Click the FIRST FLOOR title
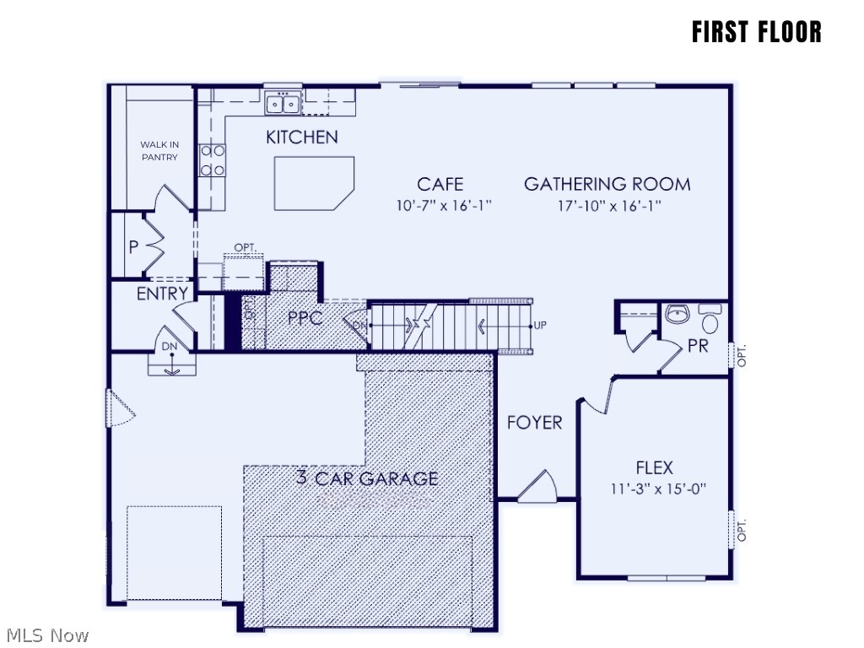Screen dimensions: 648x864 coord(756,32)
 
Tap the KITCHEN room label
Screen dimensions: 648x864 coord(301,138)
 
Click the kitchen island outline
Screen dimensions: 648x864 coord(313,183)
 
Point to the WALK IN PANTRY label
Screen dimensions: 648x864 coord(159,151)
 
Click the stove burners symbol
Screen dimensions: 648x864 coord(213,160)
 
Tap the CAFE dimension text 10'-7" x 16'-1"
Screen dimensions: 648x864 coord(441,205)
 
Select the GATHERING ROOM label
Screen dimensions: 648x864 coord(607,184)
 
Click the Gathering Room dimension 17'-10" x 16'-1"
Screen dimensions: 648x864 coord(607,205)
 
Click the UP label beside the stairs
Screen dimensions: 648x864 coord(540,325)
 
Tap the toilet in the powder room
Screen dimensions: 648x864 coord(710,321)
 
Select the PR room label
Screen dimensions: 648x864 coord(698,346)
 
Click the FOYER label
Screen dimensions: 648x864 coord(534,423)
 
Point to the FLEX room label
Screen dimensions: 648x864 coord(654,467)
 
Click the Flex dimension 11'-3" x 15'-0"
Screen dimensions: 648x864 coord(654,488)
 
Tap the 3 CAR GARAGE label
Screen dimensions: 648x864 coord(367,478)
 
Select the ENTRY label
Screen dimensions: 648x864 coord(162,294)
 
